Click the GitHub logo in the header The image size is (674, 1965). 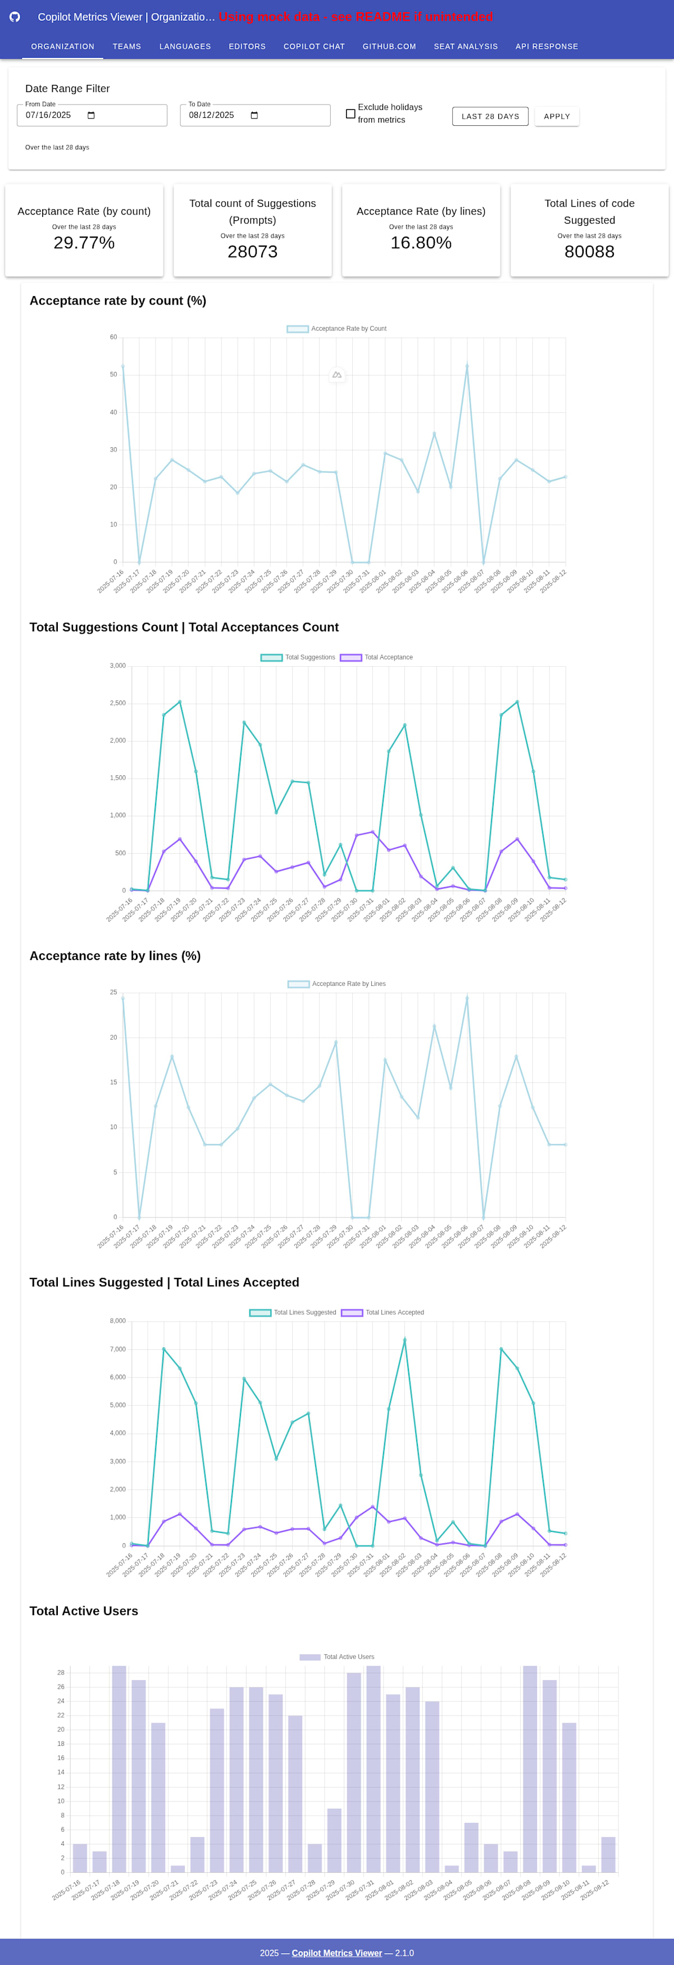[15, 17]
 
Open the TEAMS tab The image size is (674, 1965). [126, 47]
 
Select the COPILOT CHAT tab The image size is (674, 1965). [314, 47]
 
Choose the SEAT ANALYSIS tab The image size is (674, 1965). [465, 47]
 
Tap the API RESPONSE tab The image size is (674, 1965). [547, 47]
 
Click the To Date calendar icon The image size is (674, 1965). [254, 116]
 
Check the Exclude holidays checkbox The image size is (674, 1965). [350, 113]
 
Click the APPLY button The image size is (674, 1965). [557, 117]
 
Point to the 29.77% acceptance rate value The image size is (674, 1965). [84, 243]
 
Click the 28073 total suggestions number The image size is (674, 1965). [252, 252]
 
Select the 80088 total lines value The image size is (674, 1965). [589, 252]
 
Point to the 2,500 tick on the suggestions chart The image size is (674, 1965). [117, 703]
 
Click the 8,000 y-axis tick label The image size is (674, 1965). [117, 1321]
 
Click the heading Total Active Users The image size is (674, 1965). [84, 1611]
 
